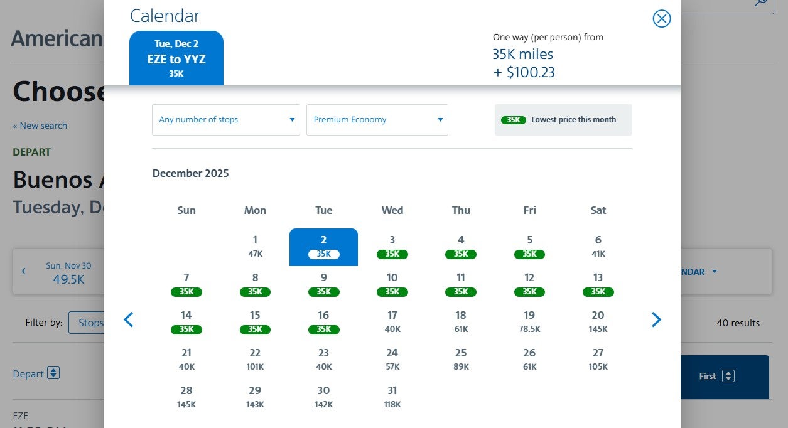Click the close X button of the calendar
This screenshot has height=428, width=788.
pyautogui.click(x=661, y=19)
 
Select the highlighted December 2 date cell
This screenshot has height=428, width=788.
pyautogui.click(x=323, y=247)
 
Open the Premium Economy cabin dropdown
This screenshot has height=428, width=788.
pyautogui.click(x=377, y=120)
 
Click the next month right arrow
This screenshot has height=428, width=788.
pyautogui.click(x=656, y=320)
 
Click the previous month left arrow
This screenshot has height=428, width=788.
pyautogui.click(x=129, y=320)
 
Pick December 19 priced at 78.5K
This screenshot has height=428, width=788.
pyautogui.click(x=529, y=321)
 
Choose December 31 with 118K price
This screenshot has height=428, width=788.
pyautogui.click(x=392, y=397)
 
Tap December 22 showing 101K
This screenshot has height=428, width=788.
pyautogui.click(x=255, y=359)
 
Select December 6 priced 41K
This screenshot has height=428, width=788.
pyautogui.click(x=598, y=246)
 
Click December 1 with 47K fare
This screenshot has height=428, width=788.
pyautogui.click(x=255, y=246)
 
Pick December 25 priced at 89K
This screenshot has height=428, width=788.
pyautogui.click(x=461, y=359)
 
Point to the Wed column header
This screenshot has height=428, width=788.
pyautogui.click(x=392, y=210)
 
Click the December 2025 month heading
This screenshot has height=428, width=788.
pyautogui.click(x=190, y=173)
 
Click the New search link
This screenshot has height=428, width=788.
pyautogui.click(x=40, y=126)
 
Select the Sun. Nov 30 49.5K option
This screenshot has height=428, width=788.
pyautogui.click(x=68, y=272)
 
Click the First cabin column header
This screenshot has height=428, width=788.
pyautogui.click(x=707, y=376)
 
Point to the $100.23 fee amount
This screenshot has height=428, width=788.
pyautogui.click(x=524, y=72)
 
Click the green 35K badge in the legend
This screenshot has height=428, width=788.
pyautogui.click(x=513, y=120)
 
